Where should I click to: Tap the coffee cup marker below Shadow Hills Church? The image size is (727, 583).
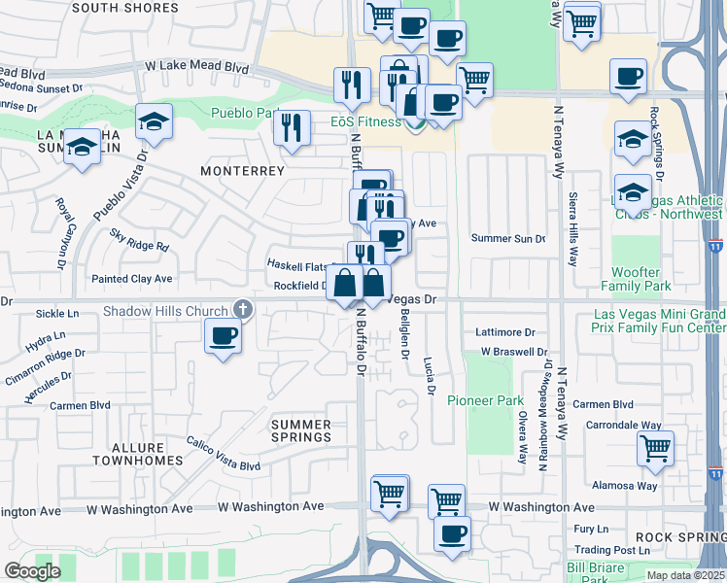[224, 337]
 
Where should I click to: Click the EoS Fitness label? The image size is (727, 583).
[364, 121]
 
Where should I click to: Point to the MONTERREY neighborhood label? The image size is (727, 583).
[242, 171]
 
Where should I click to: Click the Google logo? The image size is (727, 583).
[32, 571]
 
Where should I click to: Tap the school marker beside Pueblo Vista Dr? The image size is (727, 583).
[154, 121]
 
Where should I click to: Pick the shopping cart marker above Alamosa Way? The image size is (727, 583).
[656, 449]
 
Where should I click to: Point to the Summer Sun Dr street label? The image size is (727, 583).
[508, 238]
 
